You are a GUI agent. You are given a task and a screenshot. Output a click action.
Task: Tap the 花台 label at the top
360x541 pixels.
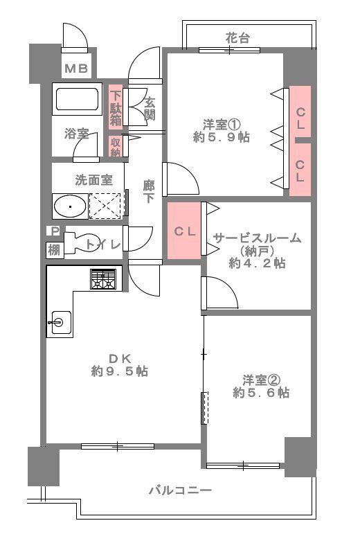237,38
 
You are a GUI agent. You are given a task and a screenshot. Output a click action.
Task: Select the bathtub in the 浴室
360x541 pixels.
78,102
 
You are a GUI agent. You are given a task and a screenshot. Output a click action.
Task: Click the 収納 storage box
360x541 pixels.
116,147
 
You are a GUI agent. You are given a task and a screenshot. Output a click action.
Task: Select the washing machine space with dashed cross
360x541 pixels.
105,206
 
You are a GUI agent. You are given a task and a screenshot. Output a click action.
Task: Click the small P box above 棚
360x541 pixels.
53,231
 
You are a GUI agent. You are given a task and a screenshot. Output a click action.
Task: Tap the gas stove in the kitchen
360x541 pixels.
105,278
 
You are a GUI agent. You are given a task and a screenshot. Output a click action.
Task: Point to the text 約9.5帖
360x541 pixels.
119,372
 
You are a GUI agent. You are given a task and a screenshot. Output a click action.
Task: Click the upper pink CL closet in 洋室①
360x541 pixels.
299,112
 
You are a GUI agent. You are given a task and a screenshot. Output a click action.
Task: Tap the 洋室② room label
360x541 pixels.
261,379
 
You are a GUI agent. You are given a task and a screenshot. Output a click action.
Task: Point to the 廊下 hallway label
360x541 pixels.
148,190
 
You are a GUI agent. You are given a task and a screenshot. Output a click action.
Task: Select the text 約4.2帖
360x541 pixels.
257,263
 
